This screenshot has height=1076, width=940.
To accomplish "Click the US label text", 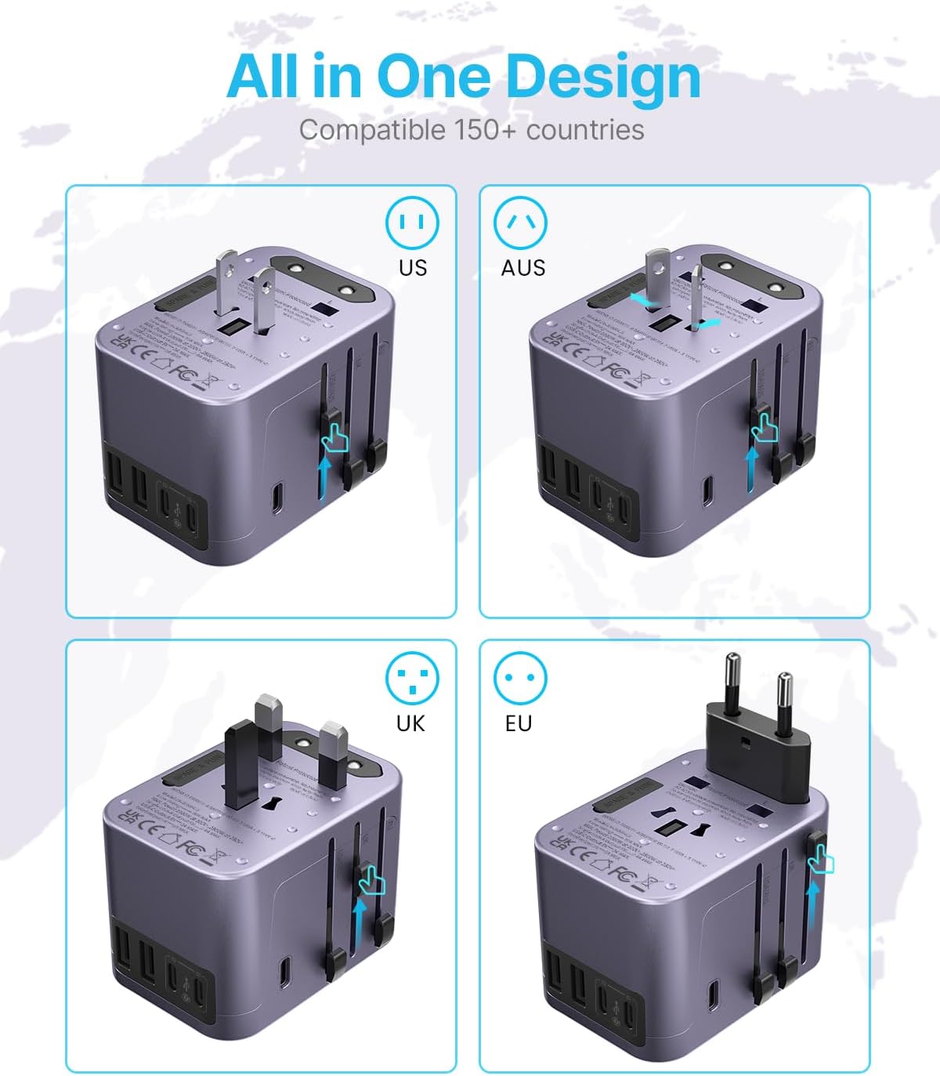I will click(413, 267).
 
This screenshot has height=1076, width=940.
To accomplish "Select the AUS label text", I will click(523, 267).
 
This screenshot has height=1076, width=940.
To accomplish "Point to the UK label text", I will click(410, 723).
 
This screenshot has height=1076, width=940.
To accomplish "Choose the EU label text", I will click(519, 723).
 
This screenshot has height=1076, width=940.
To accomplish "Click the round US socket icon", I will click(412, 223).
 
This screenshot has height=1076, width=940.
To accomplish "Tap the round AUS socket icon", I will click(520, 223).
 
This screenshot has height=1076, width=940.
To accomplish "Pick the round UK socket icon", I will click(412, 678).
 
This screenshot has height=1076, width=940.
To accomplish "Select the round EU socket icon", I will click(520, 678).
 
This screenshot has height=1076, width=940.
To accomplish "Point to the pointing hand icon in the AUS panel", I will click(763, 427).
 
